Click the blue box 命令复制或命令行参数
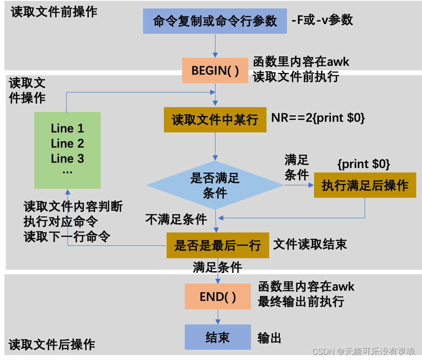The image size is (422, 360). (215, 21)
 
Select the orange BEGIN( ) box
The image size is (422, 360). (215, 71)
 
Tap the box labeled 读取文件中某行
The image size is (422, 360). (215, 120)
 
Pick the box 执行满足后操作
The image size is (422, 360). (365, 185)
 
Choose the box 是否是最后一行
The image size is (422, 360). (218, 245)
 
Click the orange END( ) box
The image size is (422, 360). (218, 297)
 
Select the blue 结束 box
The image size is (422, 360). (218, 337)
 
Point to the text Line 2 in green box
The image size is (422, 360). (68, 144)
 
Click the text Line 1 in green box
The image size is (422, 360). (68, 128)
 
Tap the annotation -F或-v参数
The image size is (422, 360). (322, 20)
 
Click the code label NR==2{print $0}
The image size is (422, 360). (318, 119)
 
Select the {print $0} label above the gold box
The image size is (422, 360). (364, 164)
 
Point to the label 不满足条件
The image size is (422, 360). (176, 219)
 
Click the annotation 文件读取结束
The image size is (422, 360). (310, 244)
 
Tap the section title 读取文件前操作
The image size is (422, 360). (54, 12)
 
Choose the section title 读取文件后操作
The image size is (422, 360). (52, 344)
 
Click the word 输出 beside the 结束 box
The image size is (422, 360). (269, 338)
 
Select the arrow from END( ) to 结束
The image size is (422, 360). (218, 317)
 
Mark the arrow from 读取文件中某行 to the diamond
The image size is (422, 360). (215, 146)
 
